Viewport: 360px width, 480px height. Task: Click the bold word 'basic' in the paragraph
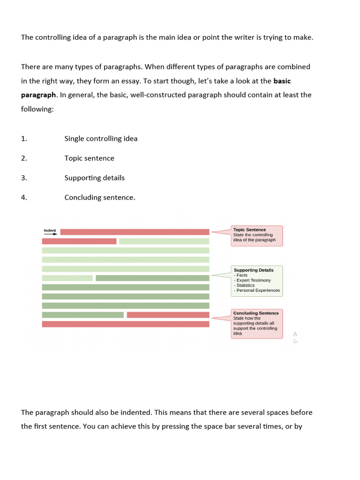(282, 81)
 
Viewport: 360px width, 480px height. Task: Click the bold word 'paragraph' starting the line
(38, 95)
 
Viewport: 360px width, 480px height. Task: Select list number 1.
(24, 139)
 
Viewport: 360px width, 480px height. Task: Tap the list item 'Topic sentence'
(89, 158)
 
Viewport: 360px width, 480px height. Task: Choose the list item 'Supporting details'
(94, 178)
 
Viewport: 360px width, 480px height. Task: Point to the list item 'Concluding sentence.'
(100, 198)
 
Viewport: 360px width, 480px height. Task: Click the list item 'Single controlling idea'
(101, 139)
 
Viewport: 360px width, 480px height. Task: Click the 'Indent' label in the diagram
(50, 230)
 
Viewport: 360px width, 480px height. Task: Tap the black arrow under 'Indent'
(50, 234)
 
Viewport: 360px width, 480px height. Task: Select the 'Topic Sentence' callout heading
(249, 230)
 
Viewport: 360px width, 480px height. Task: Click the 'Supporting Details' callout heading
(253, 270)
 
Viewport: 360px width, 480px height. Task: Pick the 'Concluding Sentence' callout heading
(256, 313)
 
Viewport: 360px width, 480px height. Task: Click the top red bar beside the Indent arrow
(135, 232)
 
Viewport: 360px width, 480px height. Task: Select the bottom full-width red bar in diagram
(126, 324)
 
